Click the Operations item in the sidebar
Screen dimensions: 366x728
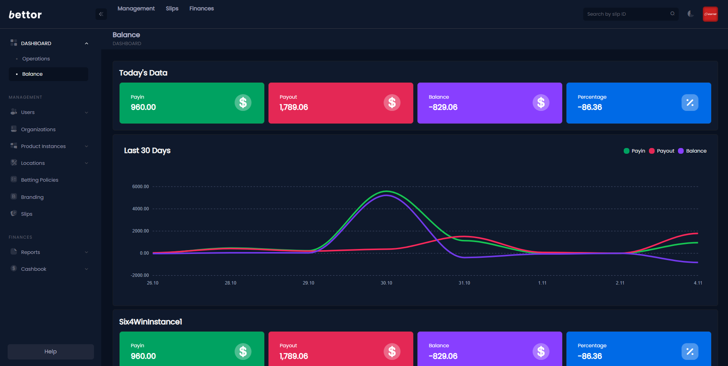(x=36, y=59)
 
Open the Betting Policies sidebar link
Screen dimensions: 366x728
(x=39, y=180)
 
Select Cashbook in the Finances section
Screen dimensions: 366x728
(x=34, y=269)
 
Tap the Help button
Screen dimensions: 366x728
(x=50, y=351)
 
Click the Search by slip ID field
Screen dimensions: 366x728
(x=626, y=14)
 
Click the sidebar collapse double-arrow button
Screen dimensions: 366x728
(x=101, y=14)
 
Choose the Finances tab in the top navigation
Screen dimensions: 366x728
(x=201, y=8)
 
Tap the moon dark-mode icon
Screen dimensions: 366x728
(x=691, y=14)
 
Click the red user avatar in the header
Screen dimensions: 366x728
(x=710, y=14)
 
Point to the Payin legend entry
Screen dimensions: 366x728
(x=634, y=151)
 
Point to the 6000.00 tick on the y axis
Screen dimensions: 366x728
(x=140, y=187)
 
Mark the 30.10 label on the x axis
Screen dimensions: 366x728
(x=386, y=283)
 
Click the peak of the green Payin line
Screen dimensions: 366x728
(x=387, y=191)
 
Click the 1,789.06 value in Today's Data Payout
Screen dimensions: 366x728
(x=293, y=107)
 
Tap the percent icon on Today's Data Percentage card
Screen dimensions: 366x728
(x=690, y=102)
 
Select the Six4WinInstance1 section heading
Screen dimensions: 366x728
(x=150, y=322)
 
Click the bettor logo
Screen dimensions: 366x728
(x=25, y=15)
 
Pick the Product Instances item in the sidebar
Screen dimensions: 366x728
(x=43, y=146)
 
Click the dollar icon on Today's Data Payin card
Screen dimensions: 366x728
(x=243, y=102)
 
